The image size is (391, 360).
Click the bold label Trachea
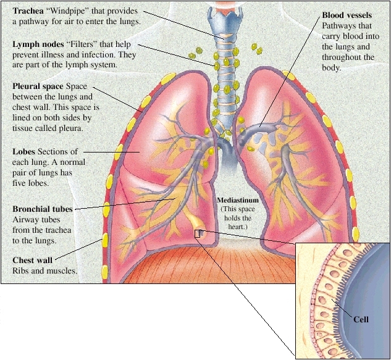click(x=28, y=12)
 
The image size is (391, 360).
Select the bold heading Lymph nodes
click(x=36, y=45)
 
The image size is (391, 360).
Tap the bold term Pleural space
click(x=38, y=86)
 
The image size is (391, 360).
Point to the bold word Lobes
click(x=24, y=151)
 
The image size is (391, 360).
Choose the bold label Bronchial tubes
click(x=43, y=209)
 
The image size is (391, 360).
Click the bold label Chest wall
click(x=33, y=260)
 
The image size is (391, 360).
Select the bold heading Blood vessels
click(x=347, y=15)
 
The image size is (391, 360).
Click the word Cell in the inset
click(x=361, y=319)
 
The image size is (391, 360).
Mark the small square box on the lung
click(x=198, y=233)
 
